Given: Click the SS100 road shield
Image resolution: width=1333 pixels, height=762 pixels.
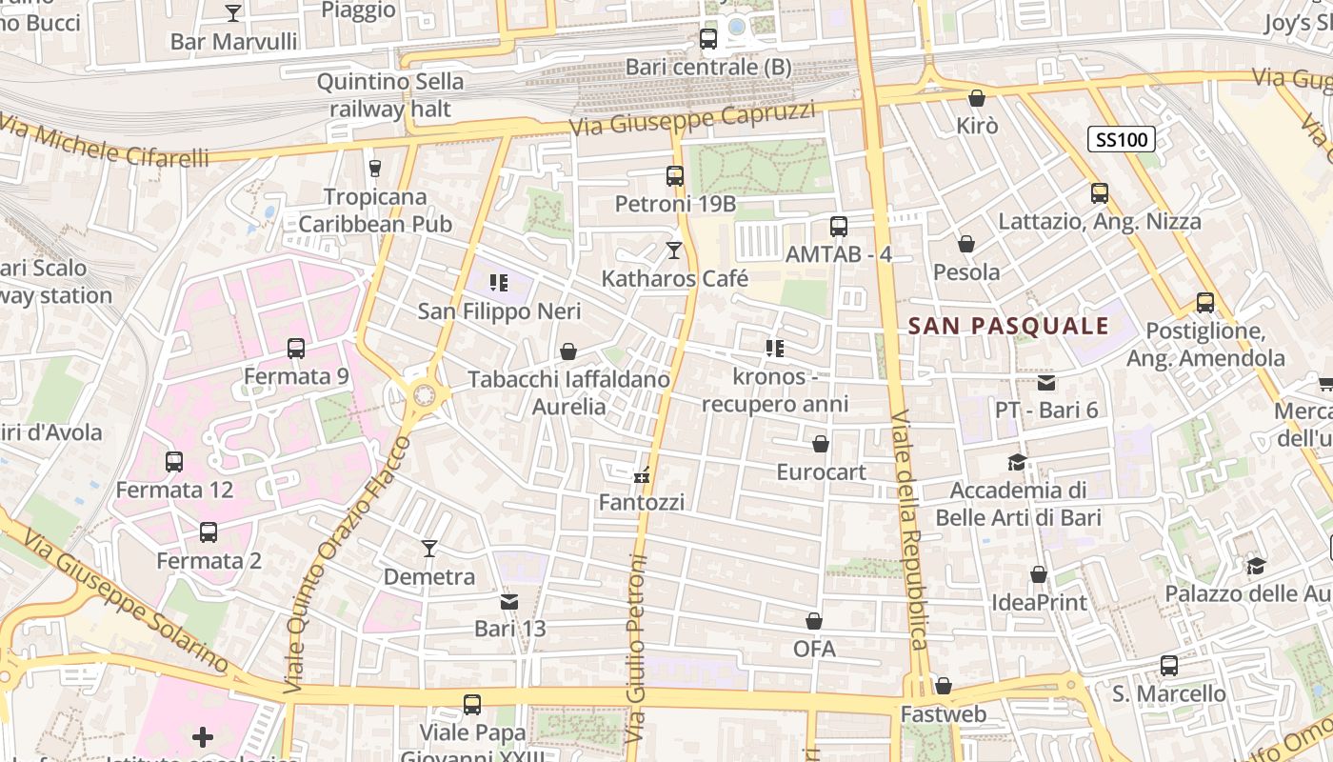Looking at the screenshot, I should click(1122, 140).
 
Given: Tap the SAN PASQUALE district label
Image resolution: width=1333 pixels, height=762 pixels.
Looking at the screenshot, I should click(1008, 326).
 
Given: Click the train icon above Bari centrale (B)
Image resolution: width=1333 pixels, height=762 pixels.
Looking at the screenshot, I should click(707, 39).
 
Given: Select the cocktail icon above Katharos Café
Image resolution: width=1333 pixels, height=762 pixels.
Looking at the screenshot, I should click(674, 251).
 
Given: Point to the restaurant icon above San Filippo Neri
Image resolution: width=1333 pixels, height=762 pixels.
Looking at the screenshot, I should click(497, 283).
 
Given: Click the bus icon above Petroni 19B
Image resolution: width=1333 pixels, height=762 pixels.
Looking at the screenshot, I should click(675, 176).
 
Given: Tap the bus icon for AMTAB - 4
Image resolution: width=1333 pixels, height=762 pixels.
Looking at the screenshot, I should click(838, 227).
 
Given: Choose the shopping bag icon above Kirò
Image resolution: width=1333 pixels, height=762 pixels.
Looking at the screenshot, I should click(976, 98).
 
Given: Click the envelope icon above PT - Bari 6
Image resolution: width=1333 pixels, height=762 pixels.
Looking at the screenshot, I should click(1046, 383).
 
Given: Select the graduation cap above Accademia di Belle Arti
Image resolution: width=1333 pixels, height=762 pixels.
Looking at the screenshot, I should click(1017, 463).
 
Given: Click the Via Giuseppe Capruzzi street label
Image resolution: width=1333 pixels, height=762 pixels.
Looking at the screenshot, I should click(692, 119).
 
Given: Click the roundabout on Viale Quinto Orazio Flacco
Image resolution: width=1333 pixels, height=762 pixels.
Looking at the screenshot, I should click(421, 393).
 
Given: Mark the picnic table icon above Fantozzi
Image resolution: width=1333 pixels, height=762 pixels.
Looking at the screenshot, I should click(642, 474).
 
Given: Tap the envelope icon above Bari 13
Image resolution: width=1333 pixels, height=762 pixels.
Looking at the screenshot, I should click(509, 602).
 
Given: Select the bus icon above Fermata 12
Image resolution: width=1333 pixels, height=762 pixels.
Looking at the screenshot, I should click(173, 462).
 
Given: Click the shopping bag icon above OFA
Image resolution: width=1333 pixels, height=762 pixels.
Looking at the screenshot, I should click(814, 622).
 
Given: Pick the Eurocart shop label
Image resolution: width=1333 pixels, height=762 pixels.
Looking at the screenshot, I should click(821, 471).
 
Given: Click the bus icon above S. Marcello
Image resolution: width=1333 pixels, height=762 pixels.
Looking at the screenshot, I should click(1168, 666).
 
